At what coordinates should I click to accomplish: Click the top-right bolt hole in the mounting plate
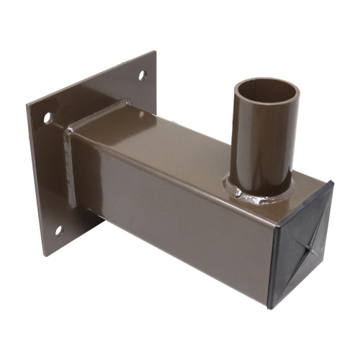tap(142, 74)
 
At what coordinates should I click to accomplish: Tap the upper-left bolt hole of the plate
tap(48, 117)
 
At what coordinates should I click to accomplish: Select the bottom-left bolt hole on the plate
tap(60, 230)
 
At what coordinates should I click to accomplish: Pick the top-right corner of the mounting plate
tap(156, 51)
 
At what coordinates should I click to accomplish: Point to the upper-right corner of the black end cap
tap(333, 181)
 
